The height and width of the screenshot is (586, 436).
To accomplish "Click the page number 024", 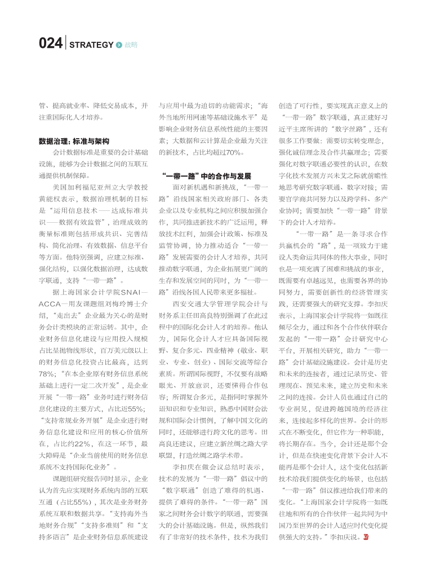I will pos(51,44).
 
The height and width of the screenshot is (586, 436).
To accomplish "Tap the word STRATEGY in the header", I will pos(91,45).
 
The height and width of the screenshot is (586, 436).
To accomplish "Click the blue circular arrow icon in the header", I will pos(119,45).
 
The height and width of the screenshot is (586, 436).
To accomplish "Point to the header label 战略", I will pos(131,45).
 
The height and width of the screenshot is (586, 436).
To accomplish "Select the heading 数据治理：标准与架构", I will pos(73,141).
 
